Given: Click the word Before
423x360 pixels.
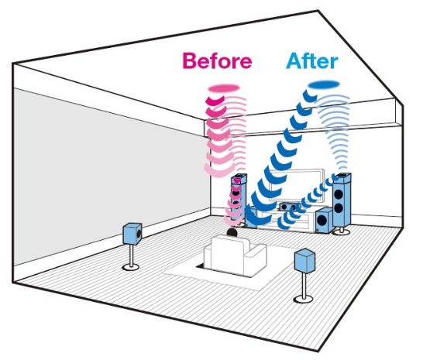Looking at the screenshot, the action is click(x=217, y=61).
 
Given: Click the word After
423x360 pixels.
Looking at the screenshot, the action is click(x=312, y=60).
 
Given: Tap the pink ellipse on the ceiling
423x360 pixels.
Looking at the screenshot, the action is click(x=224, y=88).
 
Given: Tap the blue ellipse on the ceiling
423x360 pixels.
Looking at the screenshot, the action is click(x=324, y=84).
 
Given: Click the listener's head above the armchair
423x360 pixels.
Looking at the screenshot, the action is click(x=232, y=232).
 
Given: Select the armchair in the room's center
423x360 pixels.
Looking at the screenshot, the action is click(x=235, y=255).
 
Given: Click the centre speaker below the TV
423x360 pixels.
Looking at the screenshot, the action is click(x=290, y=207).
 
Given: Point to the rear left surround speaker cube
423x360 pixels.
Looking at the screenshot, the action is click(x=132, y=234).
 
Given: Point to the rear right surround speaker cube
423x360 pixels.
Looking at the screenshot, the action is click(x=304, y=260).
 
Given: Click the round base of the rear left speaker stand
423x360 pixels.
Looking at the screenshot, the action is click(x=131, y=267).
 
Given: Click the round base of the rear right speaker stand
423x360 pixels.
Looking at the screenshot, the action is click(x=304, y=299).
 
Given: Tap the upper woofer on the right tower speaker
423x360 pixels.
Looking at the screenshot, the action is click(x=339, y=194).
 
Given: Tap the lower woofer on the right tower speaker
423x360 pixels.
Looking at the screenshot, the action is click(x=339, y=208).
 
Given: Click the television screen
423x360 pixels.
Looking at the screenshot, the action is click(x=297, y=186).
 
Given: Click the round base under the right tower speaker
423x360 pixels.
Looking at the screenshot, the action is click(x=342, y=231).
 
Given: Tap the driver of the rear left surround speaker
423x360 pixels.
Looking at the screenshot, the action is click(x=139, y=234).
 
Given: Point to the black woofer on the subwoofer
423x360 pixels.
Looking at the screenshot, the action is click(x=322, y=221).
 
